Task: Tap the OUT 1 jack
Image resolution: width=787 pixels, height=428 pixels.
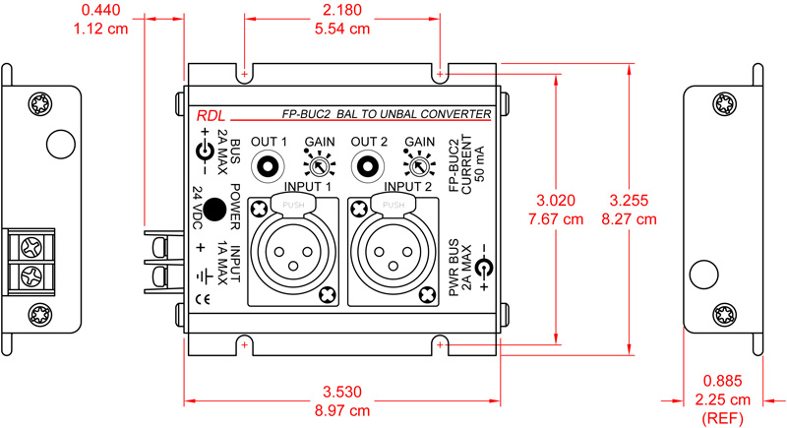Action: [x=269, y=164]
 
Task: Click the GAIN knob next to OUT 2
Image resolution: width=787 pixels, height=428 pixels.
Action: [x=417, y=165]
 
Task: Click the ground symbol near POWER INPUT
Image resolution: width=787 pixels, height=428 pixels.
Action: [x=201, y=275]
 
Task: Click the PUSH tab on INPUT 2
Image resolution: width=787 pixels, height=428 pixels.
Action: [x=393, y=205]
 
